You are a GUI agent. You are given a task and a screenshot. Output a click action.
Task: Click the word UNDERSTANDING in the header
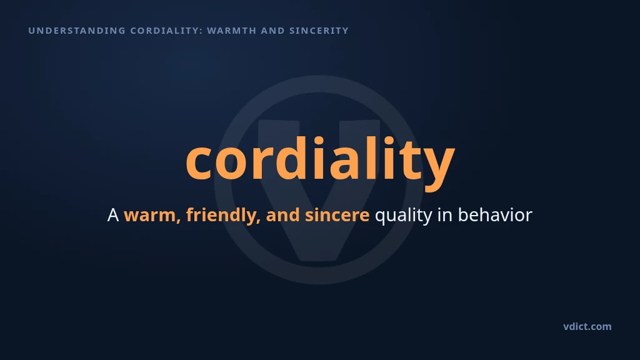(x=77, y=31)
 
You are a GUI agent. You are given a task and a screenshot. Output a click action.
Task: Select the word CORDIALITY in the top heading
(x=164, y=31)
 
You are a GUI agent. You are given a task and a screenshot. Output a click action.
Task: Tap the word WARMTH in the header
(x=232, y=31)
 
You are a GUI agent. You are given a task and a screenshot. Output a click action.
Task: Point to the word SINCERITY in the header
(x=319, y=31)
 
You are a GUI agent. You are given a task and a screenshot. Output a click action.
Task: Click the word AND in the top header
(x=273, y=31)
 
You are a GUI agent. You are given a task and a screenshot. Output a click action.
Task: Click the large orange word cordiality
(x=321, y=159)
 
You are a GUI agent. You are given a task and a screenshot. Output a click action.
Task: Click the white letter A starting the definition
(x=113, y=215)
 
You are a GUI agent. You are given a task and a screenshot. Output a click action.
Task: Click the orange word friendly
(x=223, y=215)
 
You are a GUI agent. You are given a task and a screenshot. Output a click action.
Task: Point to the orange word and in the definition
(x=282, y=215)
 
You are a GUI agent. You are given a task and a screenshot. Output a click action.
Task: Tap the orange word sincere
(x=337, y=215)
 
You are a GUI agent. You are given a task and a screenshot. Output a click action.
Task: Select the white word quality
(x=403, y=216)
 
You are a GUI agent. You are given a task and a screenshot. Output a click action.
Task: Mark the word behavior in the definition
(x=495, y=215)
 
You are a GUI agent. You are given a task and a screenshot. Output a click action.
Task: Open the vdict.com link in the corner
(x=587, y=326)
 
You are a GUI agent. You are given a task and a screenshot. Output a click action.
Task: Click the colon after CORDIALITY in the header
(x=201, y=31)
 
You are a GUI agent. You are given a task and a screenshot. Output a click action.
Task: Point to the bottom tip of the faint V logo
(x=321, y=260)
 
